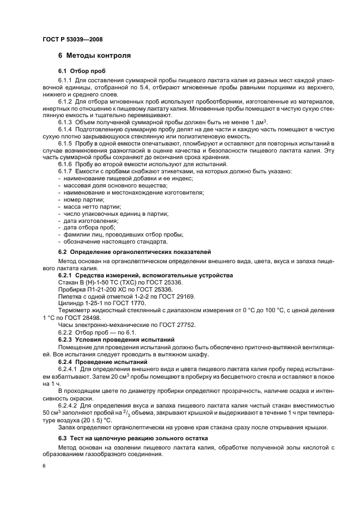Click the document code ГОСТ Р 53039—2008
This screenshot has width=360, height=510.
(72, 40)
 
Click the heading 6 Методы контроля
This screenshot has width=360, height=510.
(94, 56)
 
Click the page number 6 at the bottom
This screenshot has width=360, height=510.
(44, 466)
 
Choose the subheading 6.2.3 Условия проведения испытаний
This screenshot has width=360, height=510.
(116, 339)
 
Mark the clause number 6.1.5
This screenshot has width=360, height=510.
(65, 143)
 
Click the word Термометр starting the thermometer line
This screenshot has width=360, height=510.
(75, 311)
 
